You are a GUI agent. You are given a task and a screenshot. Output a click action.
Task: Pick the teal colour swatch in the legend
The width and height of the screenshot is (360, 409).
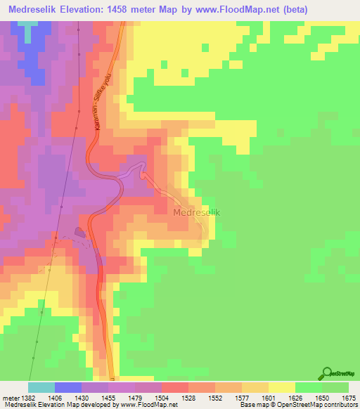[41, 387]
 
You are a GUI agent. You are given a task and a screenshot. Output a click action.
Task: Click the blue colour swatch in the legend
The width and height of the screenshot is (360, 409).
[67, 387]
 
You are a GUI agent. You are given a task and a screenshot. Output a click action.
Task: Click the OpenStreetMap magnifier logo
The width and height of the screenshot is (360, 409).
[327, 373]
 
